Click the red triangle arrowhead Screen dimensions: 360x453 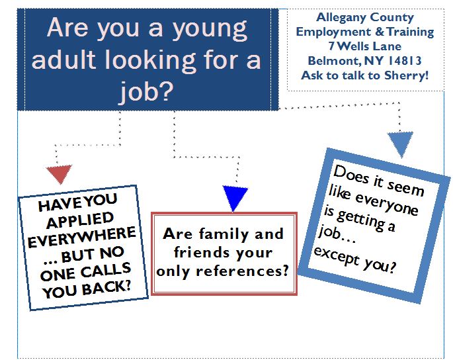[58, 173]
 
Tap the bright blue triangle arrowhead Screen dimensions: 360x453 [235, 197]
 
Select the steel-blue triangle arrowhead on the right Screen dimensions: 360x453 [400, 143]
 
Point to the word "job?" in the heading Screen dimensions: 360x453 [147, 92]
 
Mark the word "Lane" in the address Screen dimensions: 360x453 [403, 46]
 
